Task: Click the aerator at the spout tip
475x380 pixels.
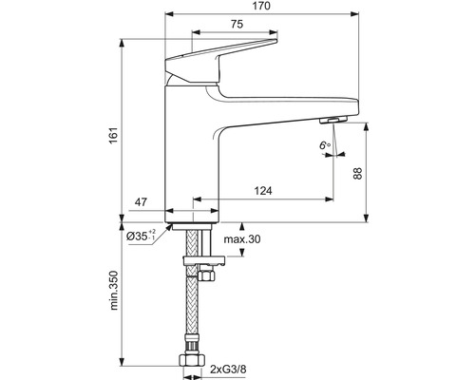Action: pyautogui.click(x=333, y=119)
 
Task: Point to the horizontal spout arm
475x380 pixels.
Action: pyautogui.click(x=285, y=104)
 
